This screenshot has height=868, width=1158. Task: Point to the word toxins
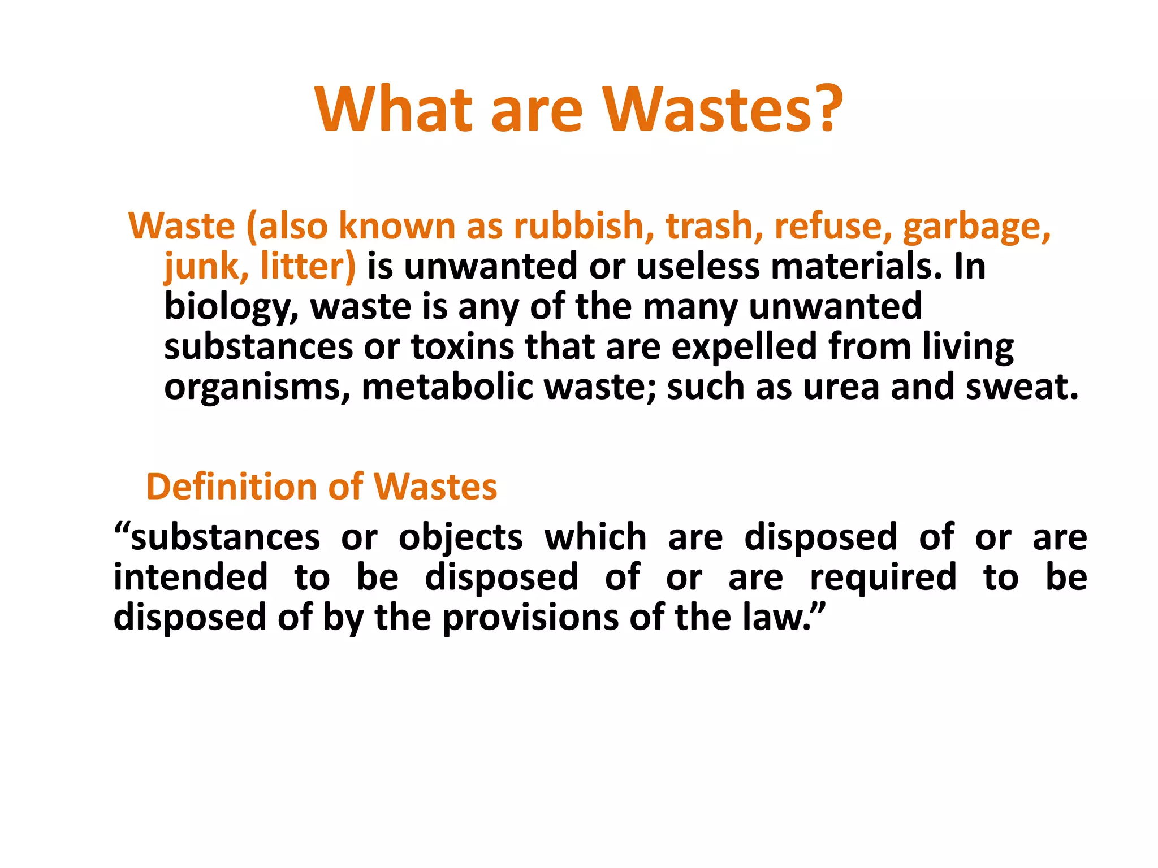[462, 347]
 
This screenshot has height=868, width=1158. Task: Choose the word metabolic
[447, 387]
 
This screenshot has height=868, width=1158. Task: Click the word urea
[841, 388]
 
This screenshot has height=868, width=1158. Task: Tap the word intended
[191, 578]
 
